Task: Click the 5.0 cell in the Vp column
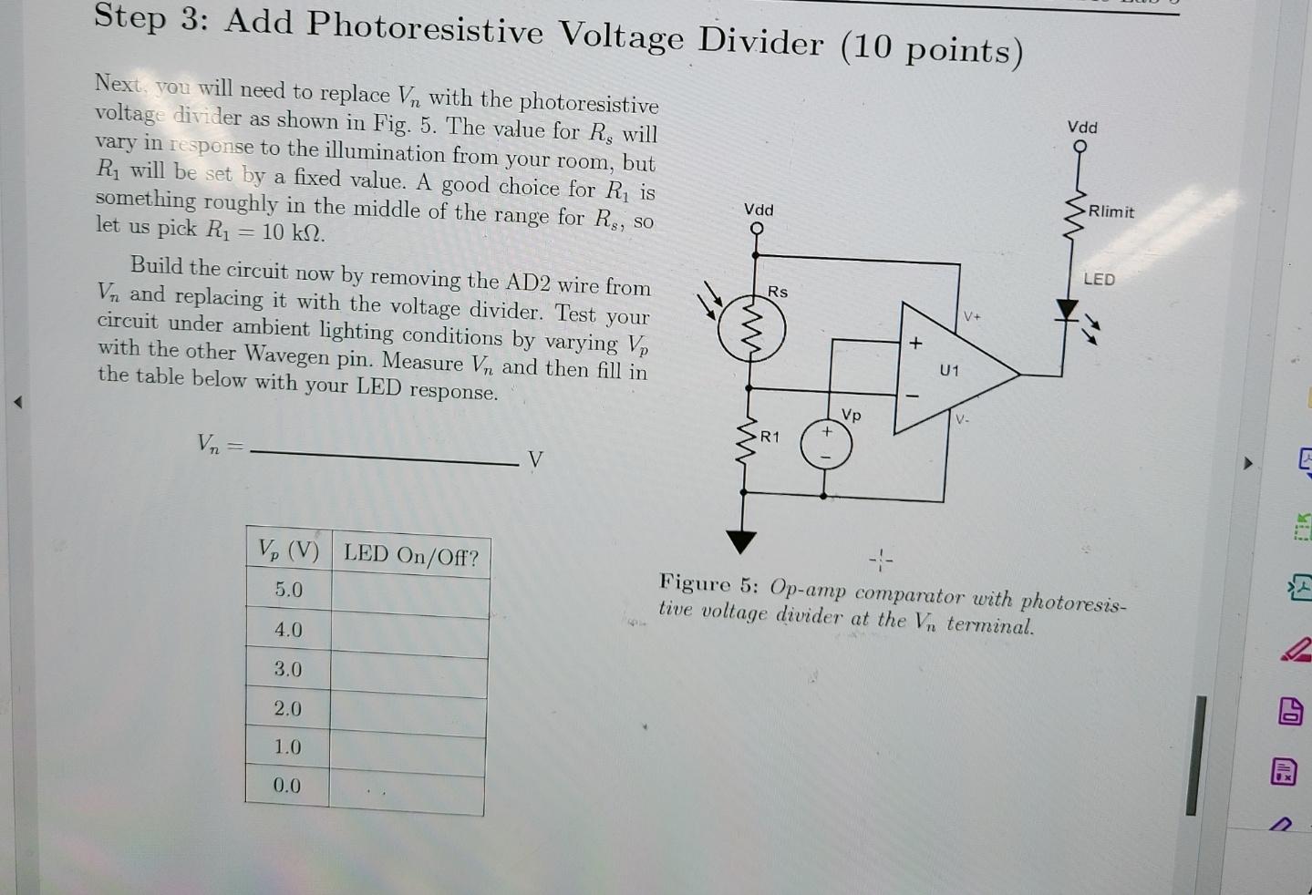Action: point(289,590)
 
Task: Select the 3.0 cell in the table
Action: point(288,669)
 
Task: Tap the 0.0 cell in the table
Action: point(286,785)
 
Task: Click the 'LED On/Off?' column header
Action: point(410,554)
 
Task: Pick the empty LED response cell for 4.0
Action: point(409,631)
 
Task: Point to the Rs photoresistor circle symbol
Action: point(751,330)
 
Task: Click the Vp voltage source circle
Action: point(826,445)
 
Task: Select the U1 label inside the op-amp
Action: point(949,370)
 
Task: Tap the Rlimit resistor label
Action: point(1111,211)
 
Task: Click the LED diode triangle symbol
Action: point(1066,310)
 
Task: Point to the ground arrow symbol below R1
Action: point(741,541)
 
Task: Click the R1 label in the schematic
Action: point(770,437)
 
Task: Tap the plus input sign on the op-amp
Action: point(915,343)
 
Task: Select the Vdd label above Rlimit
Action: point(1082,127)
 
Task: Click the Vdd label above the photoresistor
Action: point(758,210)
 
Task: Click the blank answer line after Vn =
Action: point(383,455)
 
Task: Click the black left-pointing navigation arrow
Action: point(16,401)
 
